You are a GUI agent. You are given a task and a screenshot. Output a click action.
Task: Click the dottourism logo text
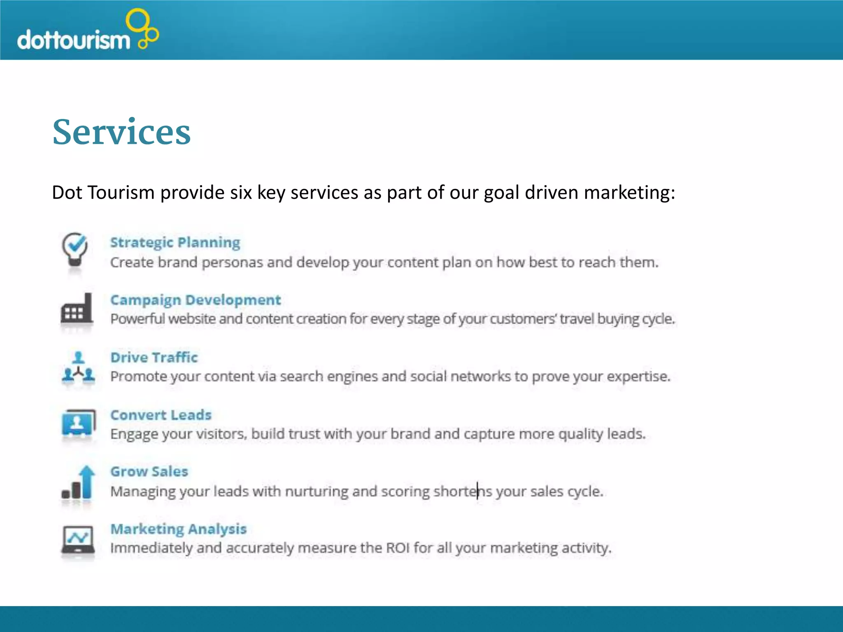(73, 40)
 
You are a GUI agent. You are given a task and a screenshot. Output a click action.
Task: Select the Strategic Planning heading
(175, 242)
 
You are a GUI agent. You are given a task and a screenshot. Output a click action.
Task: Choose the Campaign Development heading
(196, 300)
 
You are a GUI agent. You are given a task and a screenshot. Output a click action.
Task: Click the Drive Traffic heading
(154, 358)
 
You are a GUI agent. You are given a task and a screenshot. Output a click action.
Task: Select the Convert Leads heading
(161, 415)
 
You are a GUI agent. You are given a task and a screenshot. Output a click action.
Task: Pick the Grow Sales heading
(149, 472)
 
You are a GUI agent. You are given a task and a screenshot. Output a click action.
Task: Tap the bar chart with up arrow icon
(78, 482)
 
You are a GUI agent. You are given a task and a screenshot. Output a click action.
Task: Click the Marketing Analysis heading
(179, 529)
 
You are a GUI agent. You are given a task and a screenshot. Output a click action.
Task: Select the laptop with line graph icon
(78, 539)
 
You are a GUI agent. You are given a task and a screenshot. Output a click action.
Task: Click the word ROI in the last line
(398, 548)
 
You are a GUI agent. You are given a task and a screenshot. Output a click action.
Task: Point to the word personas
(232, 263)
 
